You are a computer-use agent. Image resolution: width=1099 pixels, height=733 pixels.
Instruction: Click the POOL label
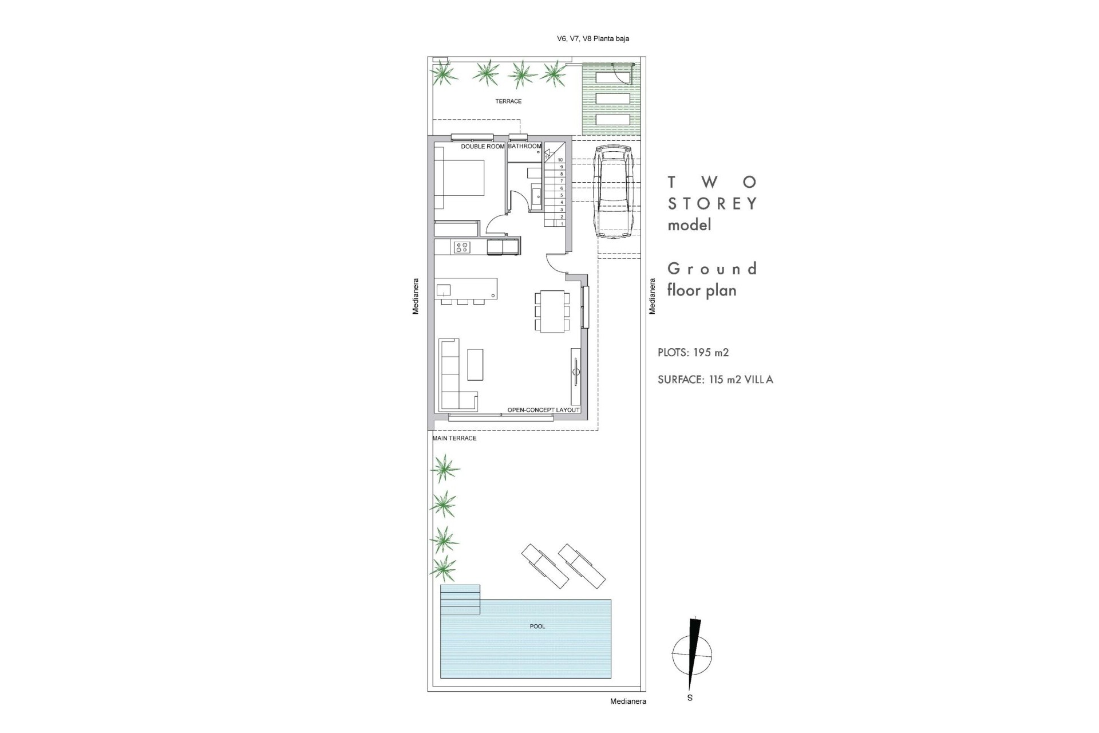point(537,626)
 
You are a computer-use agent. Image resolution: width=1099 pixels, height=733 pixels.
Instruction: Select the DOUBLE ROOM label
point(483,147)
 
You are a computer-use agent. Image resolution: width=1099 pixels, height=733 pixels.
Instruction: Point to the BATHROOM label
point(524,147)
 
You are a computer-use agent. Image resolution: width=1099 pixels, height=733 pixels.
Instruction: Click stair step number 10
point(560,160)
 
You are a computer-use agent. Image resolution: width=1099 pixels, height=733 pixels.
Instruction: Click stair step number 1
point(562,224)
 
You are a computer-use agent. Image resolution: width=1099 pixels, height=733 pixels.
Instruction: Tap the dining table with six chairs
point(552,311)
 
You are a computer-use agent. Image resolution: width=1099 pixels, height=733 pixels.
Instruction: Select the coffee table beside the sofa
point(475,365)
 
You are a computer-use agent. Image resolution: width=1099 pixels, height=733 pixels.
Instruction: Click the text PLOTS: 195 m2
point(693,353)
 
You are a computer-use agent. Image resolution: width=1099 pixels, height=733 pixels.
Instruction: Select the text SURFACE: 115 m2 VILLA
point(715,380)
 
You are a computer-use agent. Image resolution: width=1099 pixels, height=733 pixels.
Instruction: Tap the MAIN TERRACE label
point(454,439)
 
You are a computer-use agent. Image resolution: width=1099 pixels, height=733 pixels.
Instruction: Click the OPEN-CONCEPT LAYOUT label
point(543,410)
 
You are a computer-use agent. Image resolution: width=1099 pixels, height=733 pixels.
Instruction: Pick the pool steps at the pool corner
point(460,598)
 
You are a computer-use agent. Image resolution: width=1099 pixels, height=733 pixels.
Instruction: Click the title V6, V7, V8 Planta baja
point(593,39)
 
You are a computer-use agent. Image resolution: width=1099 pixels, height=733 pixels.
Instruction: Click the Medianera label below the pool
point(628,702)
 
